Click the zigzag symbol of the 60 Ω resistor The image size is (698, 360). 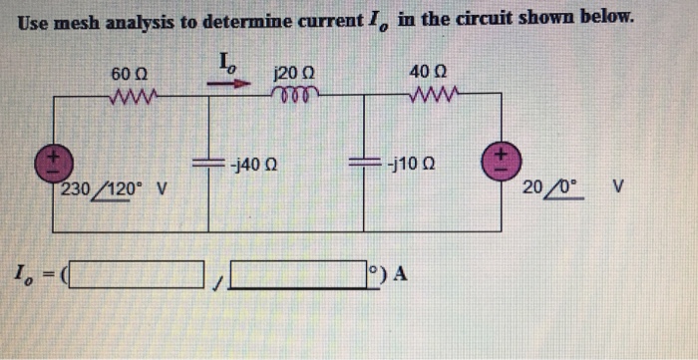(131, 97)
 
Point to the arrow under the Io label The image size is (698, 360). (230, 85)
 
